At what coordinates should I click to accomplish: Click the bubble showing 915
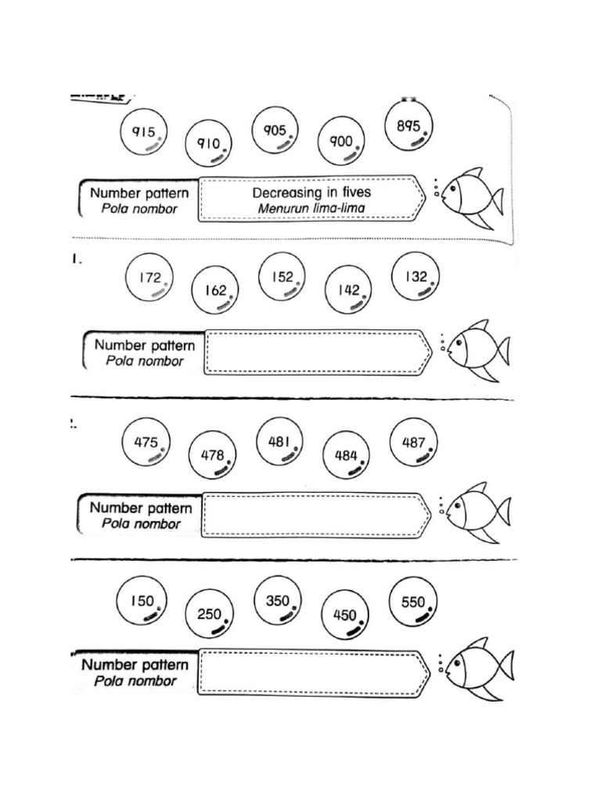tap(143, 133)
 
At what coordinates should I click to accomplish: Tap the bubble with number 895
tap(410, 127)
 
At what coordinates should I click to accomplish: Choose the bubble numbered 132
tap(416, 278)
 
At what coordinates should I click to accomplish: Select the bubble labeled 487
tap(414, 444)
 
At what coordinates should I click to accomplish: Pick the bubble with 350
tap(278, 603)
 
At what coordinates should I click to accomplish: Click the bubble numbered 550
tap(413, 603)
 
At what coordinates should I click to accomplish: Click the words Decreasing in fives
tap(311, 192)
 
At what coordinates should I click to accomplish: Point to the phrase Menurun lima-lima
tap(311, 209)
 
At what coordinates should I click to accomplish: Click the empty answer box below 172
tap(317, 353)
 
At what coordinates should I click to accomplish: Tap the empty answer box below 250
tap(314, 671)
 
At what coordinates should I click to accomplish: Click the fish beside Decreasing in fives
tap(471, 196)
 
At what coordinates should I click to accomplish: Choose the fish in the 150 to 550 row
tap(479, 667)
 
